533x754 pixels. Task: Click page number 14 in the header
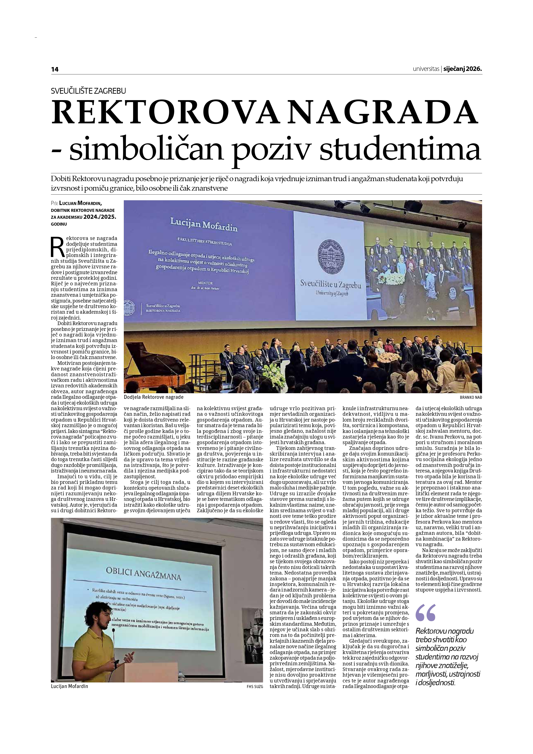[x=55, y=69]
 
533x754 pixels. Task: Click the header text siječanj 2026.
[x=462, y=69]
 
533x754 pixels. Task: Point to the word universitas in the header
[x=426, y=69]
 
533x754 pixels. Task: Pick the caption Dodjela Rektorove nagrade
[x=154, y=397]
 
